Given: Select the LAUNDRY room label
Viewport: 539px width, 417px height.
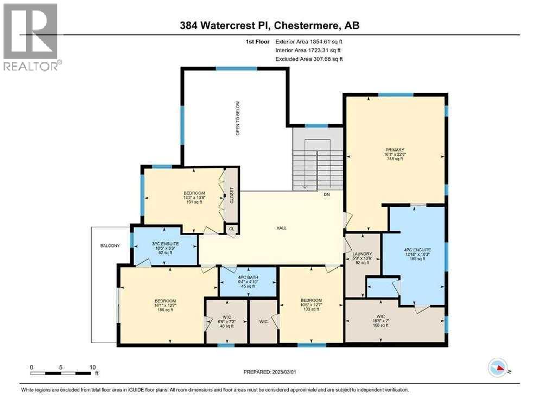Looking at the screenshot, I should (362, 254).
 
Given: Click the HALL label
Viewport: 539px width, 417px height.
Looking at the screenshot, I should (281, 228).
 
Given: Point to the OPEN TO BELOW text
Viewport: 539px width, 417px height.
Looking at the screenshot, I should (237, 118).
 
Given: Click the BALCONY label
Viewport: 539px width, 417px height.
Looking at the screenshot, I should (110, 246).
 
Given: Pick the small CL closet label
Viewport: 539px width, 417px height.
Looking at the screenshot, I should (232, 229).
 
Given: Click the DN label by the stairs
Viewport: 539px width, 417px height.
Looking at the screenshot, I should (327, 194).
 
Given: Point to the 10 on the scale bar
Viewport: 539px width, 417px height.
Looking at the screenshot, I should (92, 367).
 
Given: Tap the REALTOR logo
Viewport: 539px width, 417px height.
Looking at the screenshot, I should (31, 37).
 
